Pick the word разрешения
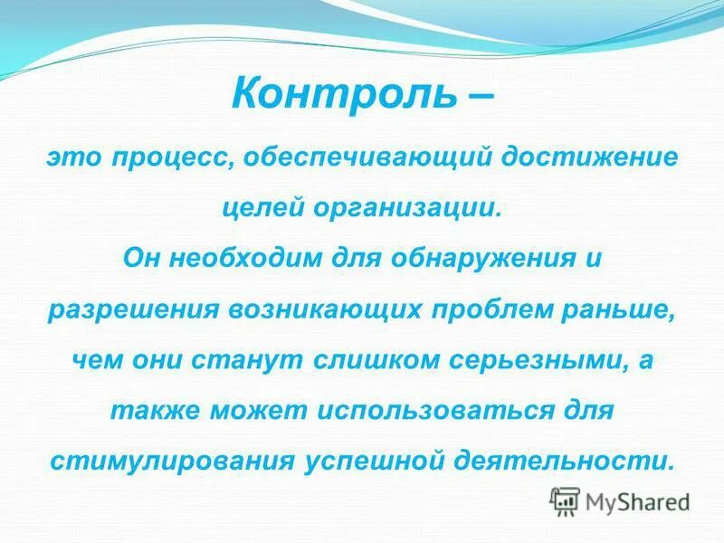click(x=131, y=309)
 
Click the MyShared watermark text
click(x=637, y=500)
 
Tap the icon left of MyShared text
click(x=566, y=500)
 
